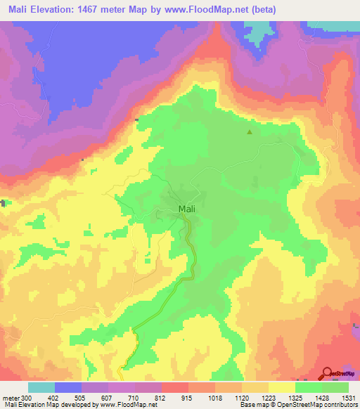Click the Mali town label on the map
[x=186, y=209]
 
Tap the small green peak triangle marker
[x=249, y=131]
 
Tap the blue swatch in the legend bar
[x=68, y=387]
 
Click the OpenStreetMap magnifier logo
[x=327, y=373]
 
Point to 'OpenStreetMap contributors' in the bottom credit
[x=321, y=405]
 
